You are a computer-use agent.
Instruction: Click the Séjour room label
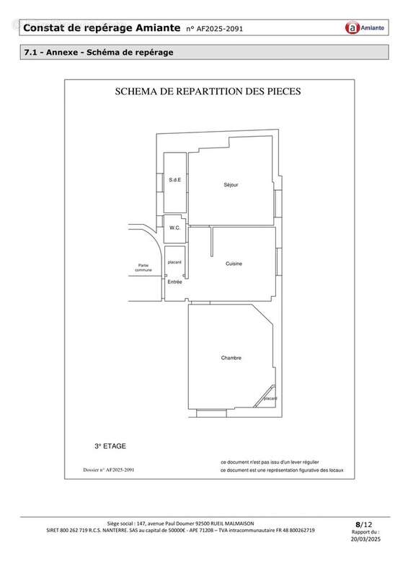(231, 185)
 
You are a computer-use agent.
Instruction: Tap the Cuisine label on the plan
(234, 264)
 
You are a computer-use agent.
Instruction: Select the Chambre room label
(231, 358)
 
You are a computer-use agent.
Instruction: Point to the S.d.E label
(174, 180)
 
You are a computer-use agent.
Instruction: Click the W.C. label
(174, 228)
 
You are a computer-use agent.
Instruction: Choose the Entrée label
(174, 282)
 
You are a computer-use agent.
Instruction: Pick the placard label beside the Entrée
(174, 262)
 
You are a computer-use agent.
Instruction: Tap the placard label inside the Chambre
(270, 398)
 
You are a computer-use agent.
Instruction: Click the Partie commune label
(143, 267)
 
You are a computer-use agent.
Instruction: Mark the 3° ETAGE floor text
(110, 446)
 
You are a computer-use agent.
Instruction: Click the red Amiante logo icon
(352, 28)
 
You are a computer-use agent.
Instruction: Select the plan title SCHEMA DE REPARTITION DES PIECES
(208, 92)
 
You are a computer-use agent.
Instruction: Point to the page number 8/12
(364, 524)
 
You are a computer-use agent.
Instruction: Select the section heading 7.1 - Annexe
(99, 53)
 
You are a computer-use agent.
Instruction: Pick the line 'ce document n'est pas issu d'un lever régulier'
(270, 462)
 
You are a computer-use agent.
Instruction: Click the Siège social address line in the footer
(180, 523)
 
